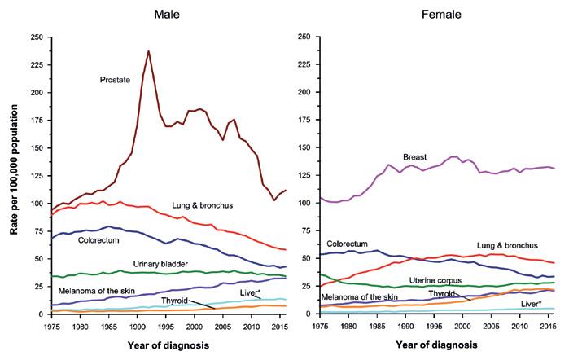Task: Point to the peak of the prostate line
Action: pos(148,52)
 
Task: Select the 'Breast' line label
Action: pos(415,156)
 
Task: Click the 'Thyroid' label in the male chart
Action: pos(175,301)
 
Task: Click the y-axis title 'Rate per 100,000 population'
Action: pos(14,175)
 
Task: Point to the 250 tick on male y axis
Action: pos(37,37)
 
